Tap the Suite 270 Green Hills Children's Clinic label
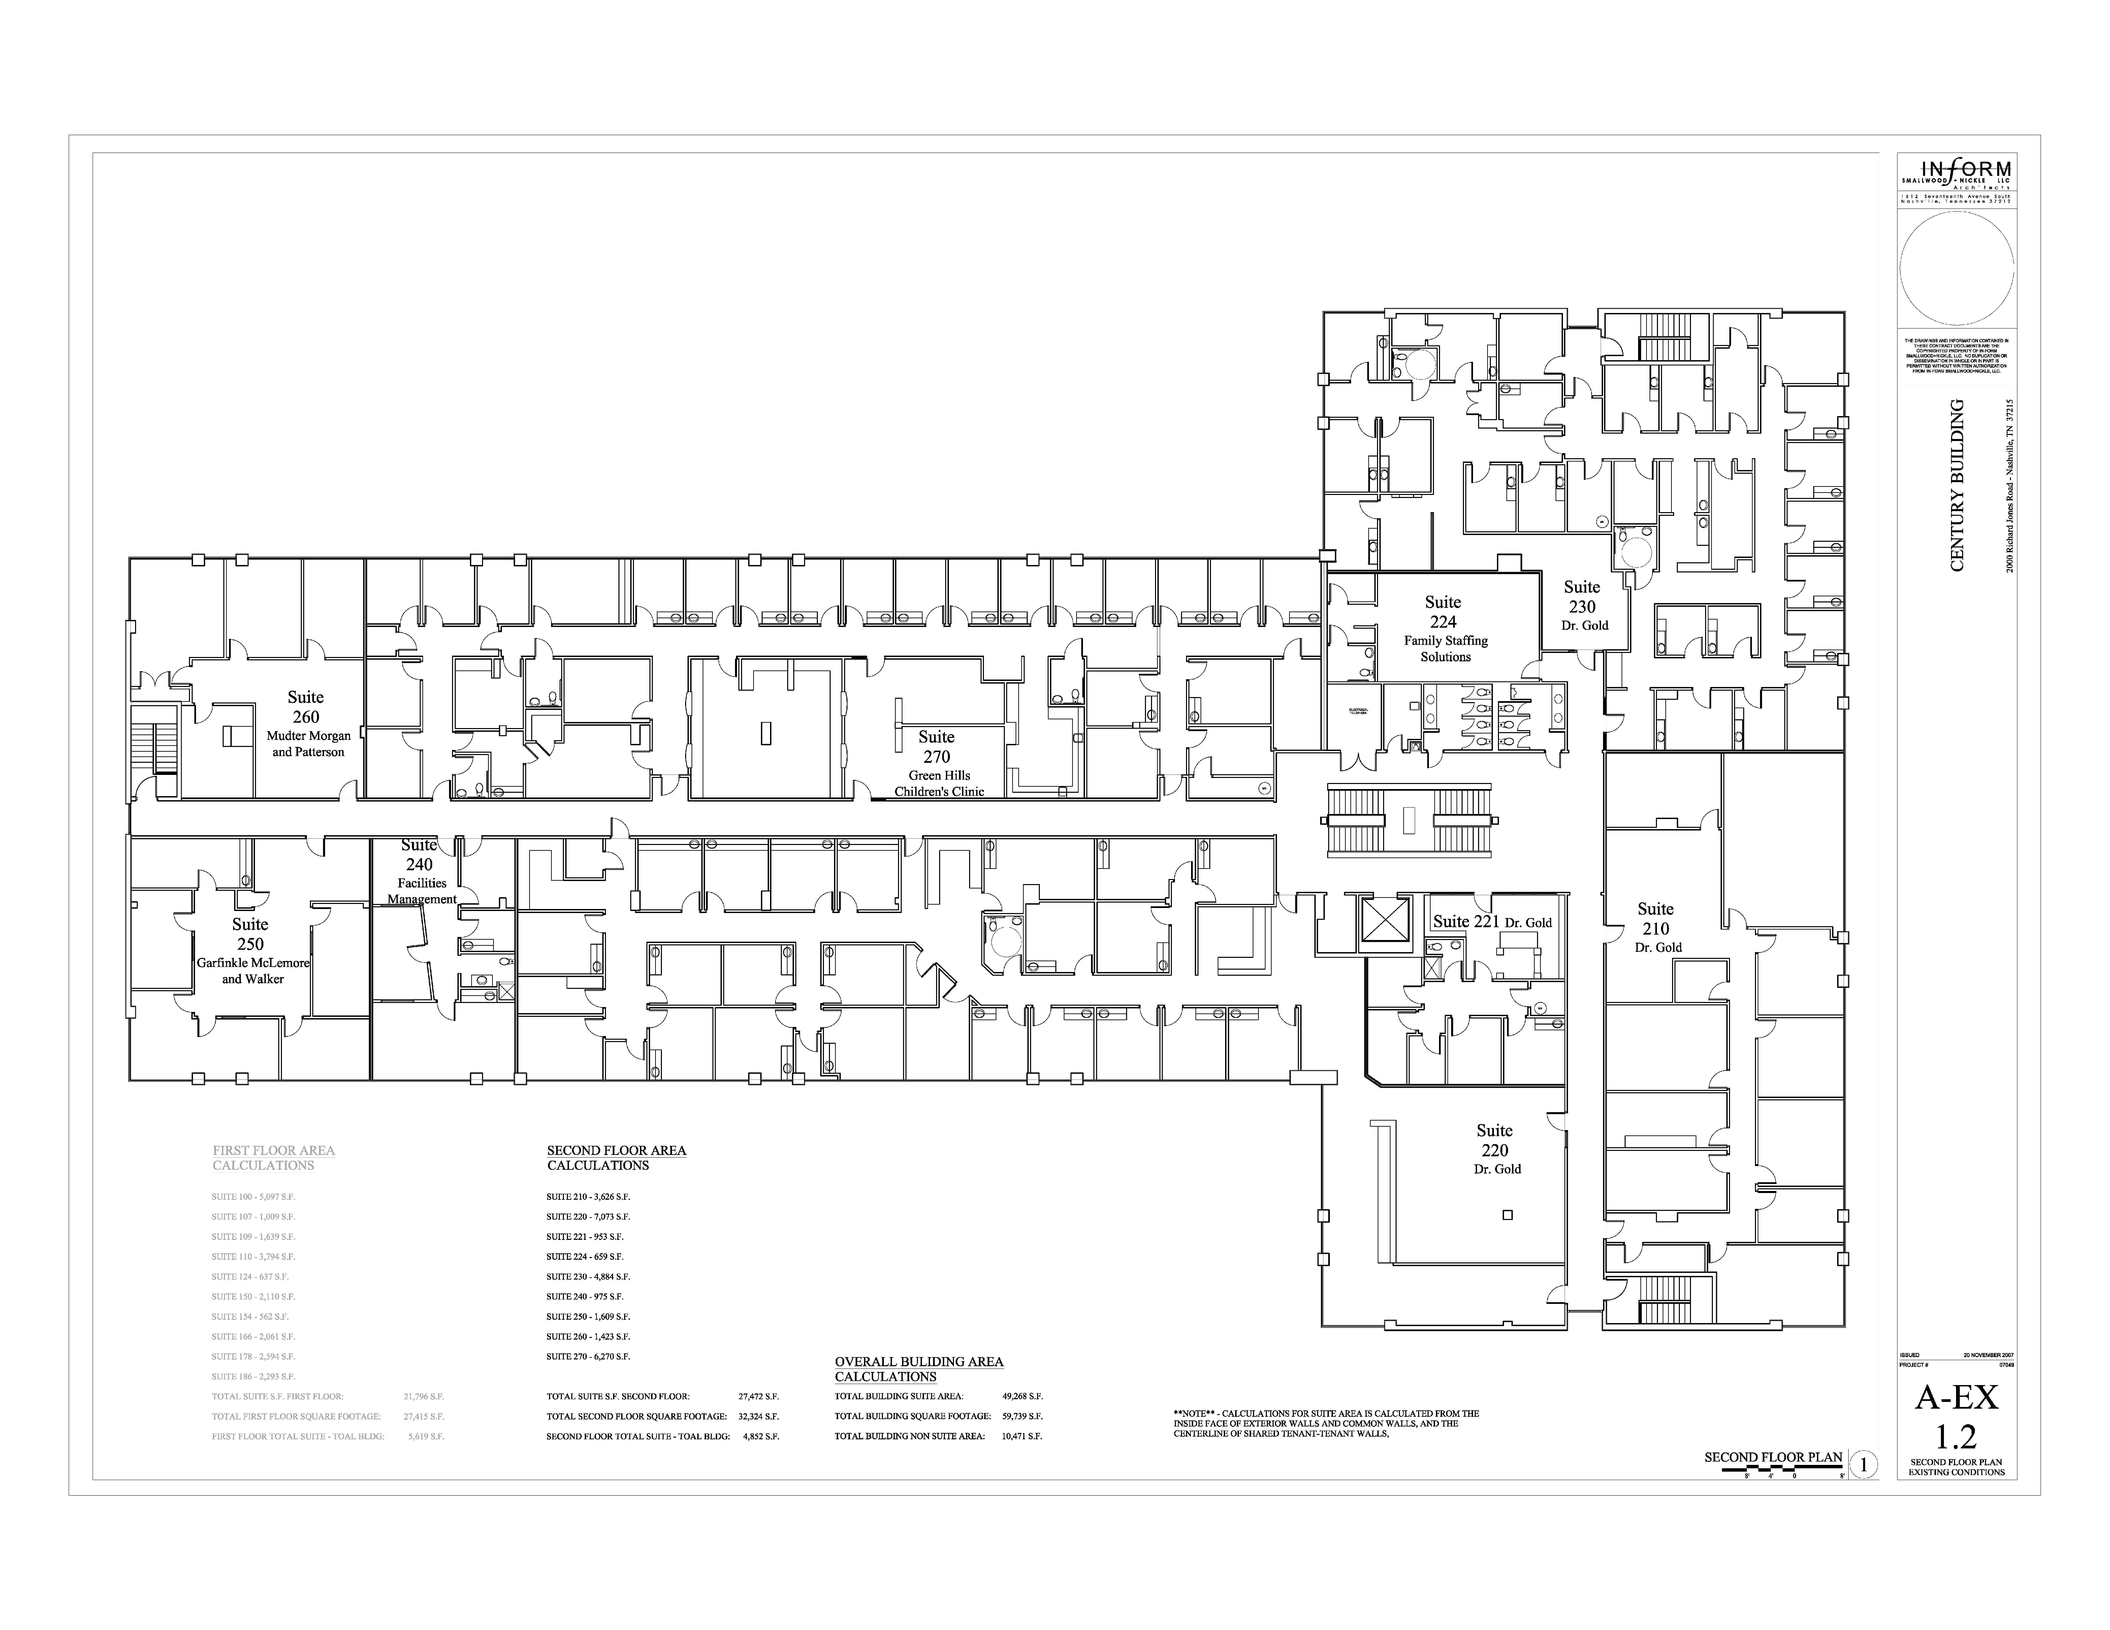pos(937,763)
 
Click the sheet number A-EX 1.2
pos(1956,1415)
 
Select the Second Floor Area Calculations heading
pos(616,1158)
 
